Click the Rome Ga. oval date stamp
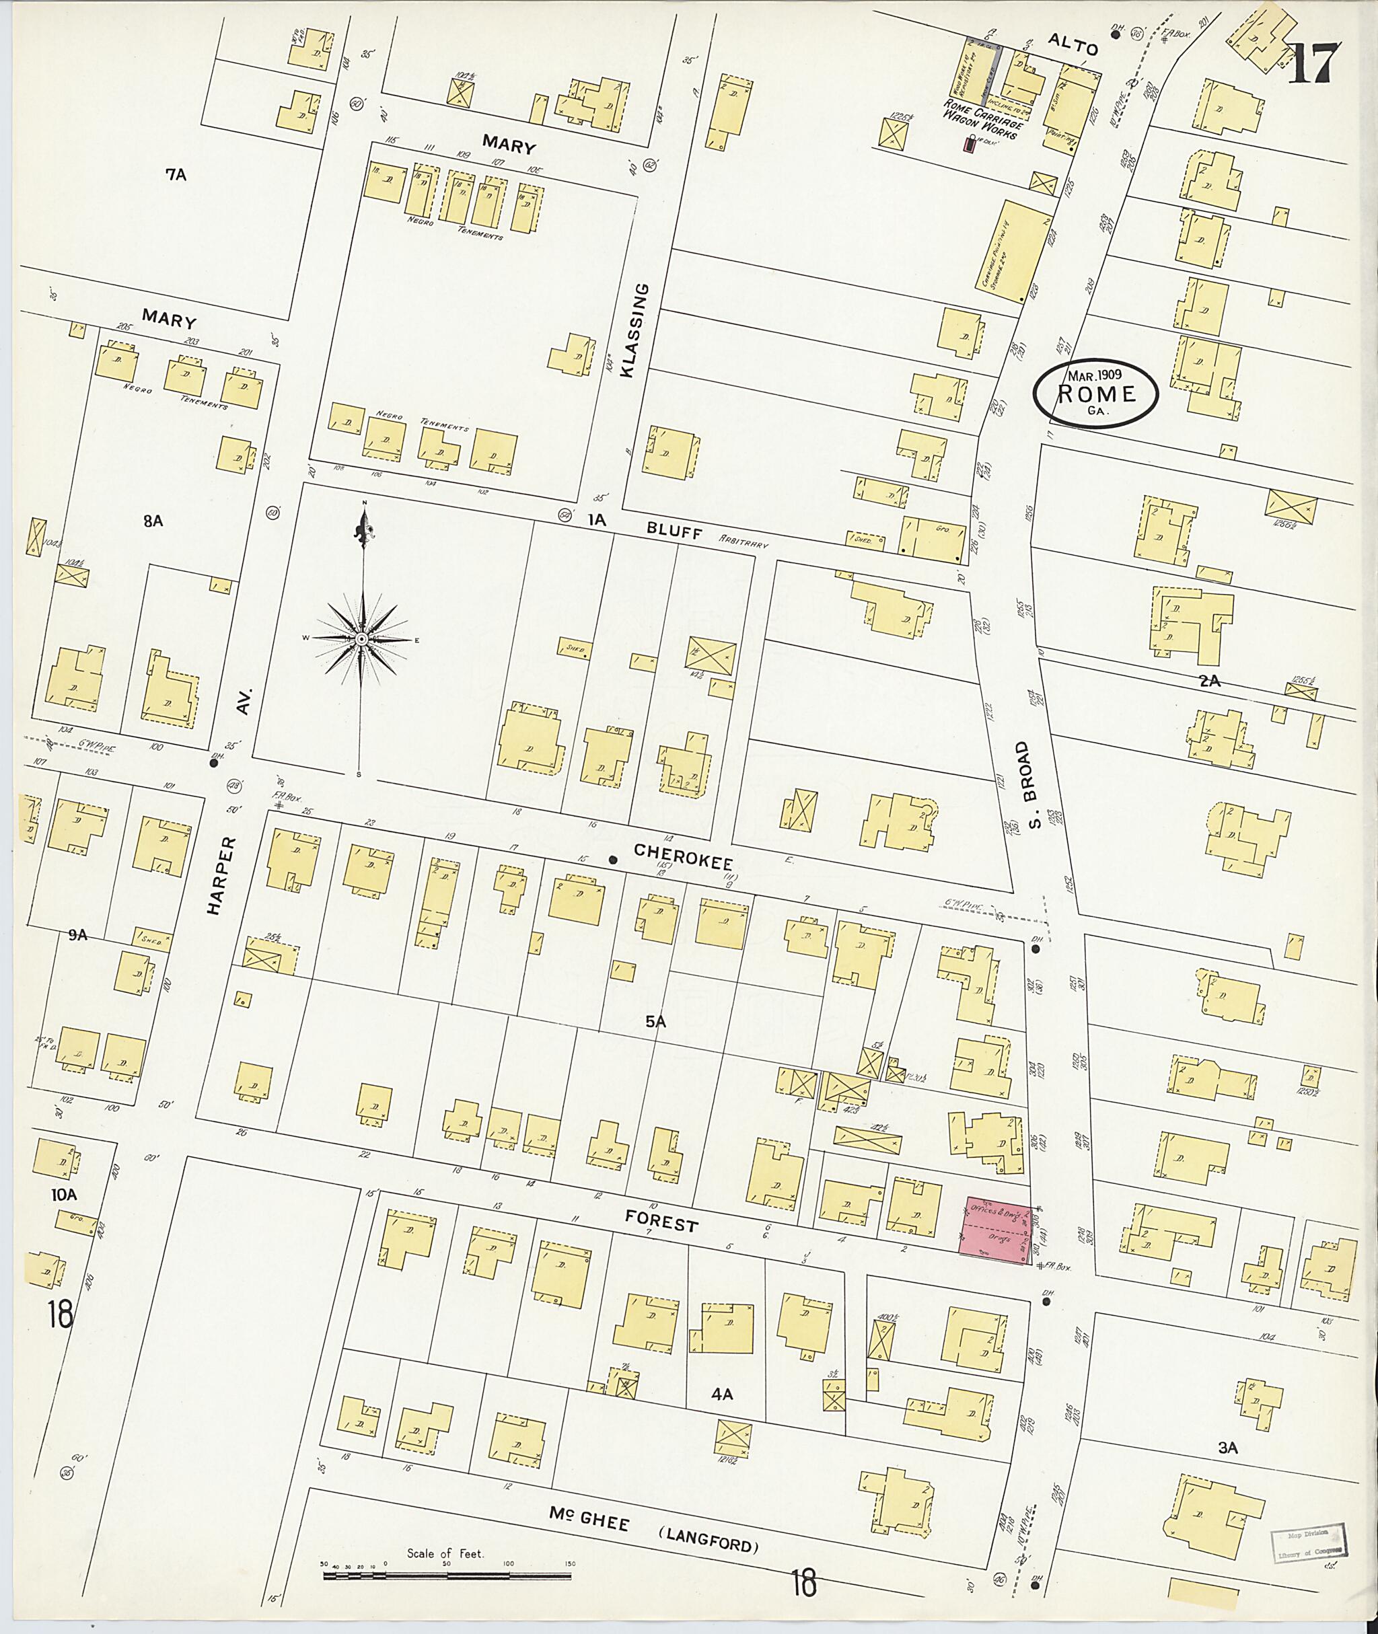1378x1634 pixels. pos(1095,394)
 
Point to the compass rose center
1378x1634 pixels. pos(362,640)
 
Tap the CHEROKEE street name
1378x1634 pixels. pos(684,857)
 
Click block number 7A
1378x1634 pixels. pos(176,175)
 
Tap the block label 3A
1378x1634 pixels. pos(1228,1447)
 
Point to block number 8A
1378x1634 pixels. pos(153,521)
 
